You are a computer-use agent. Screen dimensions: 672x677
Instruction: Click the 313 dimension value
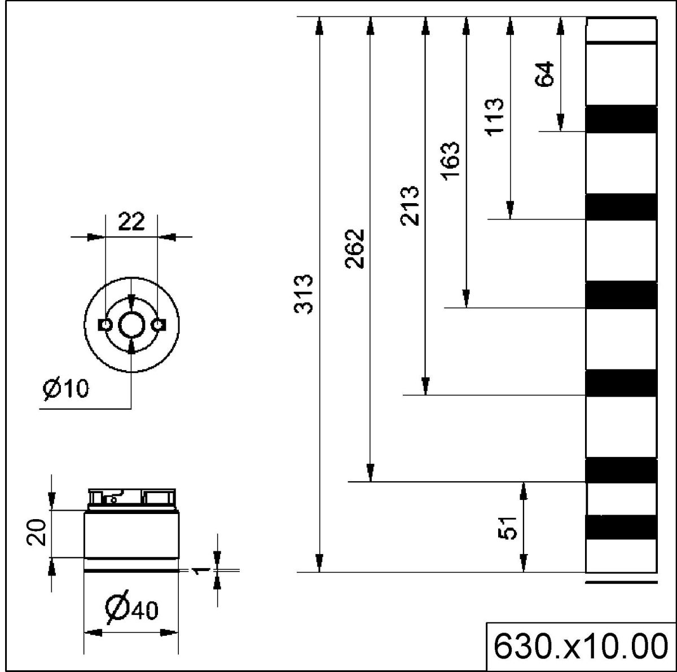[x=304, y=295]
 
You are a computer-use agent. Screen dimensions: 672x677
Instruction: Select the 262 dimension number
[x=355, y=248]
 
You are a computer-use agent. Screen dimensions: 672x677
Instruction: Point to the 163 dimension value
[x=451, y=160]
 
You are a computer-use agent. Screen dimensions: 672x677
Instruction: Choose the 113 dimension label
[x=495, y=117]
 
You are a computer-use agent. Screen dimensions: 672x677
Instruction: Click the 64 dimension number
[x=545, y=73]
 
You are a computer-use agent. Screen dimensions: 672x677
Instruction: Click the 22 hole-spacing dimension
[x=131, y=222]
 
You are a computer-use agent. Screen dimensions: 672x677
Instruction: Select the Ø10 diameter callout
[x=66, y=388]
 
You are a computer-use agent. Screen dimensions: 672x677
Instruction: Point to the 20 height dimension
[x=38, y=533]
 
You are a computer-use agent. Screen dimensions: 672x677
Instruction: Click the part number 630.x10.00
[x=581, y=647]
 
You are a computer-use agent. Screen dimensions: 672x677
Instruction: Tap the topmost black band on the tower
[x=622, y=119]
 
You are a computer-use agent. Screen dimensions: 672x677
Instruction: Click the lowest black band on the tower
[x=622, y=527]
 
